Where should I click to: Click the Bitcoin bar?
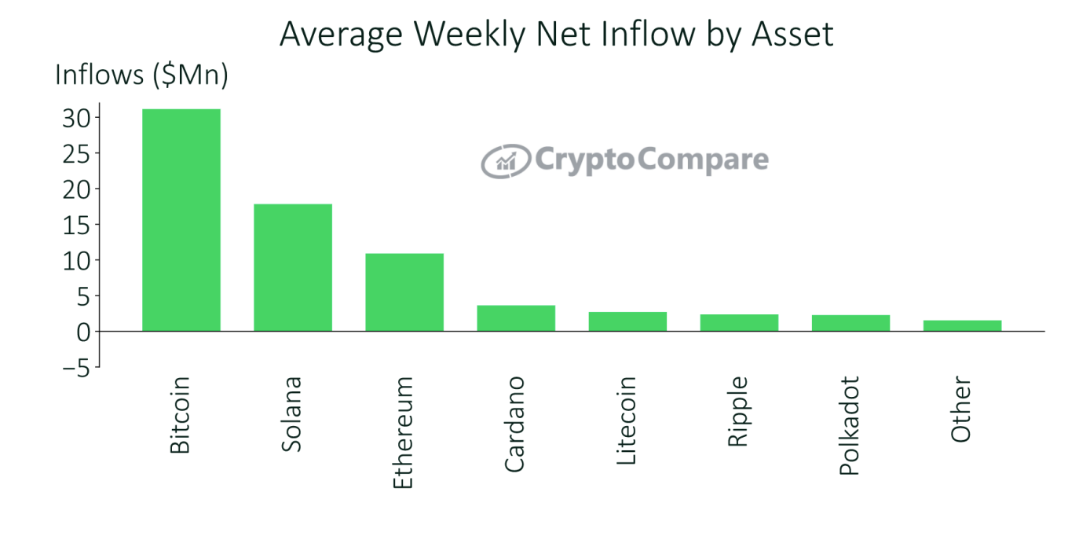(x=181, y=220)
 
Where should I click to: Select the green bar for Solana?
(x=292, y=267)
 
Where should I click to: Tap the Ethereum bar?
(x=404, y=292)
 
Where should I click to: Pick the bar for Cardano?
(x=516, y=318)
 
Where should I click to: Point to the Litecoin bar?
(x=627, y=321)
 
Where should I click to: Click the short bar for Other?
(x=962, y=325)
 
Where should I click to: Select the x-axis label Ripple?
(x=738, y=412)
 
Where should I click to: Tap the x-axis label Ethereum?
(x=403, y=432)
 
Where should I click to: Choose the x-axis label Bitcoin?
(x=180, y=414)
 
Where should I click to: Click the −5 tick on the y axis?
(x=72, y=367)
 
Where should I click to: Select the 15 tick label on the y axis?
(x=77, y=225)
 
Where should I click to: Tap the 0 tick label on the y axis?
(x=83, y=332)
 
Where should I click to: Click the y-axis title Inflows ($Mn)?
(x=141, y=75)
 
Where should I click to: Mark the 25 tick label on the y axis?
(x=77, y=153)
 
